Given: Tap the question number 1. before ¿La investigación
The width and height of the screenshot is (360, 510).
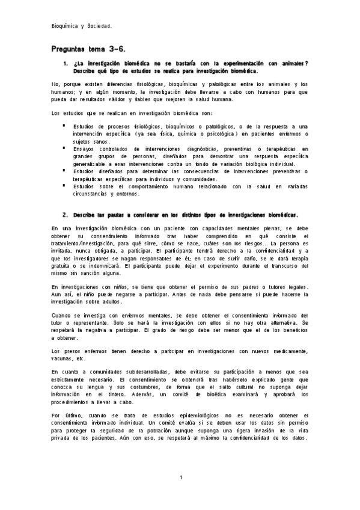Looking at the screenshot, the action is pyautogui.click(x=65, y=63).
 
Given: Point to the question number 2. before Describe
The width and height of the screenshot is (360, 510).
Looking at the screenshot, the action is pyautogui.click(x=65, y=214).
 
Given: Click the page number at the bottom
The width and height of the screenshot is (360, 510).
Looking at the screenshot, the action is pyautogui.click(x=181, y=477).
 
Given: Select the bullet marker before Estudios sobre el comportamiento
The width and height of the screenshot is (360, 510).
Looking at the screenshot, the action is pyautogui.click(x=63, y=186).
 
